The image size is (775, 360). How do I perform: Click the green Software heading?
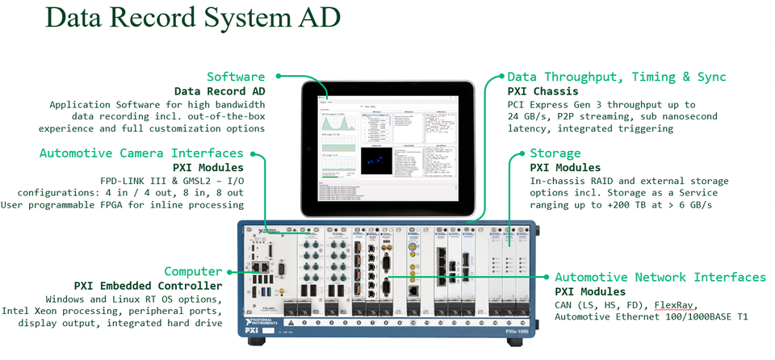(236, 77)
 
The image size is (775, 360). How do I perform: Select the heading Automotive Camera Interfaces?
(141, 153)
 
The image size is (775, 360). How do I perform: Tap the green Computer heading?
(193, 271)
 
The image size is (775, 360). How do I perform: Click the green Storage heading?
(555, 153)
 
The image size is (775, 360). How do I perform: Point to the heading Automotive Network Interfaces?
(660, 277)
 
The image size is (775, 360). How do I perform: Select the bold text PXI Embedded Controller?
(148, 286)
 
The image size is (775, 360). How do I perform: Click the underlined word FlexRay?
(674, 304)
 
